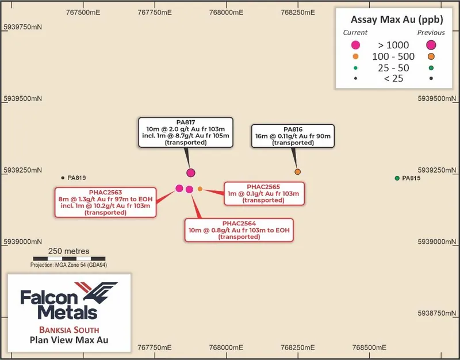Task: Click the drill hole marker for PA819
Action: tap(63, 178)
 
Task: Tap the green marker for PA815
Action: tap(397, 178)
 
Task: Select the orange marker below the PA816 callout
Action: tap(297, 171)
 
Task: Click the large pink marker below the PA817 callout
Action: tap(191, 173)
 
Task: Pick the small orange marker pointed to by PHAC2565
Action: tap(200, 189)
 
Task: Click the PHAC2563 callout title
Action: tap(105, 193)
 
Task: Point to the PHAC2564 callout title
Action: tap(239, 224)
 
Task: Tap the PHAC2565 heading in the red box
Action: tap(263, 187)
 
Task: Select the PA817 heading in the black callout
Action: tap(186, 122)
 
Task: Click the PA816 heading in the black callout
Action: tap(293, 129)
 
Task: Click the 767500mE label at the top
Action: tap(83, 12)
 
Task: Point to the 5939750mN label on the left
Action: tap(22, 27)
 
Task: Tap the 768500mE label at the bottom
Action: tap(369, 348)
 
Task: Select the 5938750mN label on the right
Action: tap(437, 313)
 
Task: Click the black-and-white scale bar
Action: tap(69, 259)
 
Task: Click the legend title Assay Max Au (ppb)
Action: tap(397, 20)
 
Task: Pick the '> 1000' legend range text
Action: tap(393, 45)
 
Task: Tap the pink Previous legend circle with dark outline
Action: tap(431, 45)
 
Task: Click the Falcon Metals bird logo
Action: tap(96, 293)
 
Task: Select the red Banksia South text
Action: tap(69, 330)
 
